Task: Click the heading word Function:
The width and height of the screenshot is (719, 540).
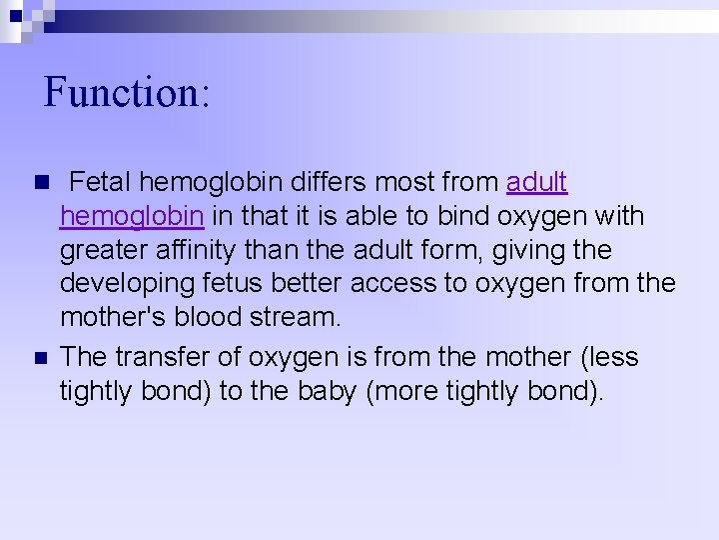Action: pyautogui.click(x=127, y=93)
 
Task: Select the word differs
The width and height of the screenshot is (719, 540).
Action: pyautogui.click(x=347, y=183)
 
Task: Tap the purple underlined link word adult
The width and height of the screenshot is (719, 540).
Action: pyautogui.click(x=537, y=183)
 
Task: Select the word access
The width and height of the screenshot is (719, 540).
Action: pyautogui.click(x=392, y=284)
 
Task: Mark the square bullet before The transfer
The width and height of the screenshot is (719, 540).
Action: pyautogui.click(x=41, y=358)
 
